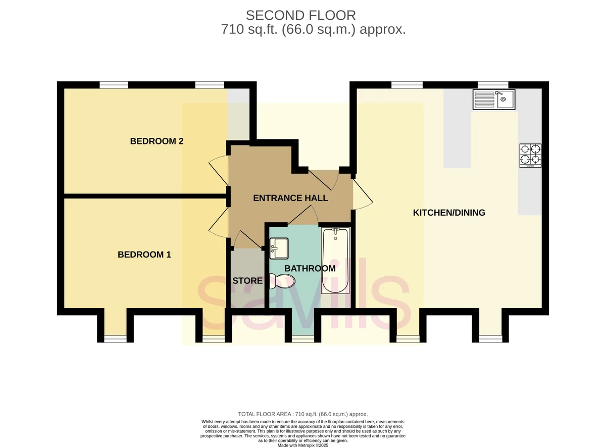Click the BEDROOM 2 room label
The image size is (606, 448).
[157, 141]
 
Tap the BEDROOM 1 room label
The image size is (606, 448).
[144, 255]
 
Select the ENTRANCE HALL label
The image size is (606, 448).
[290, 198]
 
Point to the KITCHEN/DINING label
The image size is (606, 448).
[449, 212]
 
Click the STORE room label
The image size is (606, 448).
[247, 280]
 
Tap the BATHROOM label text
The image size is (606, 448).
[310, 268]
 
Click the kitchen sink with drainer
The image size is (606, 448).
[494, 100]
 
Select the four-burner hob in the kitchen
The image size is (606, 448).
[530, 156]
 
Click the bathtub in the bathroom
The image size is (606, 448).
[335, 261]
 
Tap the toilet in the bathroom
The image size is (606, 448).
[282, 281]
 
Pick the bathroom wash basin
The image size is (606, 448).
[279, 248]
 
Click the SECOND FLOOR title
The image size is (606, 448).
[301, 15]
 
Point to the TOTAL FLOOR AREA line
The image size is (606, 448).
[302, 414]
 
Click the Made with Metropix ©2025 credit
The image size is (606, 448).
[302, 445]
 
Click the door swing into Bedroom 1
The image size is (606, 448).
[219, 222]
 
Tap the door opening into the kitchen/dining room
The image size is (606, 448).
[363, 194]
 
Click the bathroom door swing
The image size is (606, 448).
[302, 215]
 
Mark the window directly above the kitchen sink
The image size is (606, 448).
[493, 85]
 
